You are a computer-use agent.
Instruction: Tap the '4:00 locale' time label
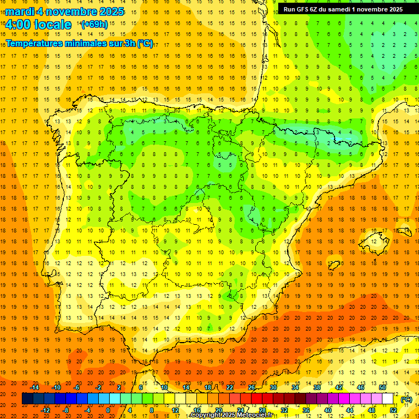click(38, 25)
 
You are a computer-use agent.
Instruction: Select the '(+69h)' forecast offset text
click(94, 25)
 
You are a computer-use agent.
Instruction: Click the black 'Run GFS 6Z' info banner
click(343, 9)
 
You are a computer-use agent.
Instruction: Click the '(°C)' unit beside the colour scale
click(406, 399)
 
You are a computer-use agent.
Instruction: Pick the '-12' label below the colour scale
click(45, 410)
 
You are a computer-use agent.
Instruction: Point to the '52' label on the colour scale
click(393, 410)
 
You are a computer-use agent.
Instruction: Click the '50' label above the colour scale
click(382, 387)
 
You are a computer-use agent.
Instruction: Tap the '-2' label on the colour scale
click(98, 387)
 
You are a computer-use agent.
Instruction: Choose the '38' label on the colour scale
click(316, 387)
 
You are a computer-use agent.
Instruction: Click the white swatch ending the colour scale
click(388, 399)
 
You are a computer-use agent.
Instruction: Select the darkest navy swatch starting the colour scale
click(27, 399)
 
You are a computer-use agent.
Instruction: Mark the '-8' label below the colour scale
click(67, 410)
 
